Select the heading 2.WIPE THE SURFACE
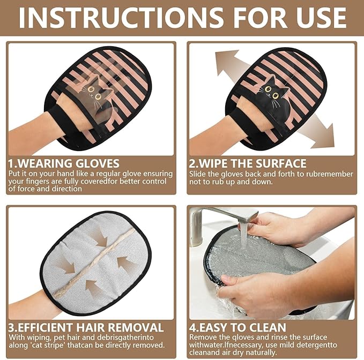click(248, 163)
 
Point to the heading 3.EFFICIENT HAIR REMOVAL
click(86, 327)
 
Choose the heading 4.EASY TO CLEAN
click(237, 327)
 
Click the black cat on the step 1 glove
click(97, 96)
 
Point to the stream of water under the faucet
click(244, 236)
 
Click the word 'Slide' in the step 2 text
click(199, 174)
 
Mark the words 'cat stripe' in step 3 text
click(48, 345)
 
